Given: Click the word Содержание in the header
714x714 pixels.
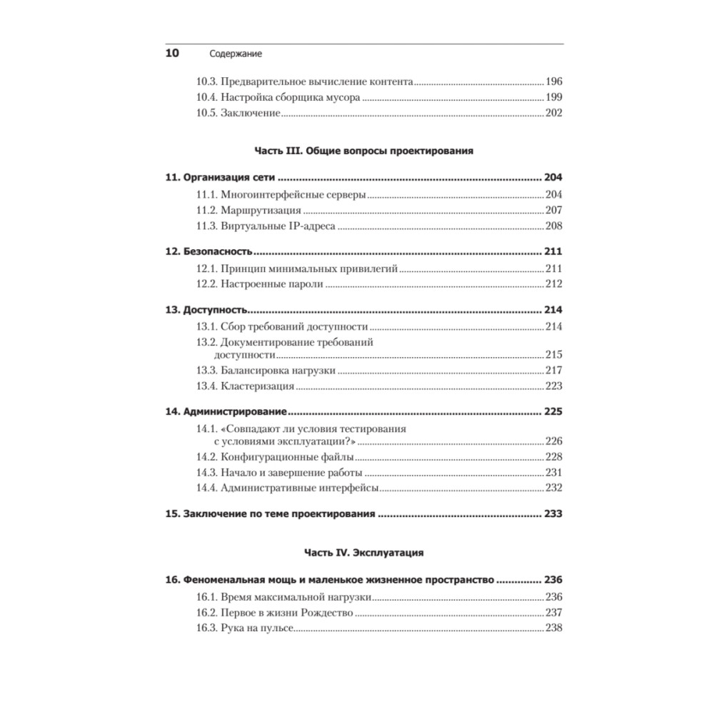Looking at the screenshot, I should click(x=236, y=54).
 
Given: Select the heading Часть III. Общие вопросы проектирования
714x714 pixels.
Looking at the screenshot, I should click(x=364, y=151).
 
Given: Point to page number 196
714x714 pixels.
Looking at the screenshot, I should click(x=554, y=81).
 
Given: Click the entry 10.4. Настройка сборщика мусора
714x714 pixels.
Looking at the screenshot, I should click(x=278, y=97).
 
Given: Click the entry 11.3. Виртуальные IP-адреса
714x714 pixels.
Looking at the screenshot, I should click(x=266, y=226).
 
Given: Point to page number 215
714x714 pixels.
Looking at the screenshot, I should click(x=554, y=355).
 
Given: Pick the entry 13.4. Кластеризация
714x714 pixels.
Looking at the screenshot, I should click(x=245, y=386).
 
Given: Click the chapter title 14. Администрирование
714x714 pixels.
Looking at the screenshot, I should click(x=226, y=412).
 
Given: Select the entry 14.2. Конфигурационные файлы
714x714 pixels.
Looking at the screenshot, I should click(x=275, y=457).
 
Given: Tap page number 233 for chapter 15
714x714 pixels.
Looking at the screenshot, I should click(x=553, y=514).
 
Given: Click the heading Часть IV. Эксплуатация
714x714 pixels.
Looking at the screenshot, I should click(x=364, y=553).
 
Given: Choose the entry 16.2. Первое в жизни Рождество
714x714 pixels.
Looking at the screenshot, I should click(x=274, y=613).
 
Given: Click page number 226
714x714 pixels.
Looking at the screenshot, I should click(x=554, y=441).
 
